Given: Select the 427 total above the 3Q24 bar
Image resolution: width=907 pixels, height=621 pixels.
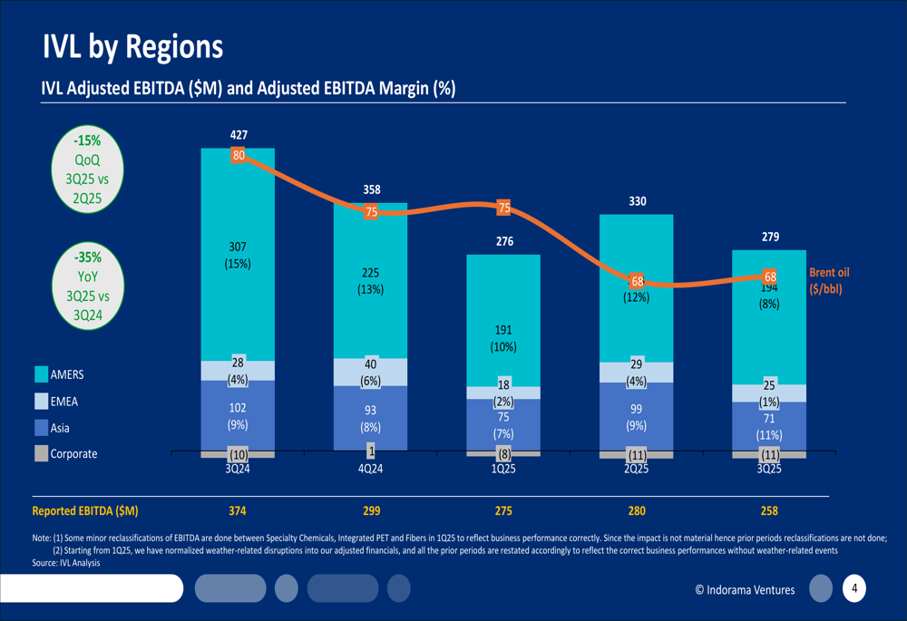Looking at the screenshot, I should pyautogui.click(x=239, y=135).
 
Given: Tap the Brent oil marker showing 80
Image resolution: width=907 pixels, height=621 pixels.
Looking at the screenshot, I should pyautogui.click(x=239, y=155).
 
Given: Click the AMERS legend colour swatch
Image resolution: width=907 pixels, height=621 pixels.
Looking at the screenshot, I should pyautogui.click(x=41, y=374).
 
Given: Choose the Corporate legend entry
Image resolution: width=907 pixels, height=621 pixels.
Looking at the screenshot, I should pyautogui.click(x=73, y=453).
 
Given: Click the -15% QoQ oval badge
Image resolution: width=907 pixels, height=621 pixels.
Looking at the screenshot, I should pyautogui.click(x=88, y=168).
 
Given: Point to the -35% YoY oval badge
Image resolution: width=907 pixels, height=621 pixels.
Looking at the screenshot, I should pyautogui.click(x=88, y=284).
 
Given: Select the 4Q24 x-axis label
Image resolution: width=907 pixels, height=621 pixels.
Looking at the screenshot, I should pyautogui.click(x=370, y=470).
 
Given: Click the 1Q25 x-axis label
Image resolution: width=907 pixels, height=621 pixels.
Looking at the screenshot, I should pyautogui.click(x=503, y=470).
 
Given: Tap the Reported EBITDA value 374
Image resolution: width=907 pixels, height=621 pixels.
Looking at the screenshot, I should pyautogui.click(x=238, y=511).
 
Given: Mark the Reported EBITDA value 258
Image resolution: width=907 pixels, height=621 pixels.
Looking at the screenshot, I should pyautogui.click(x=768, y=511).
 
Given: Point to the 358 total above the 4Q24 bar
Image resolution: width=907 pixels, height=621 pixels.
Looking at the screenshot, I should pyautogui.click(x=371, y=190).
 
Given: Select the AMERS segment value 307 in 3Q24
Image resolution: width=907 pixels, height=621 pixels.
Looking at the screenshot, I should pyautogui.click(x=238, y=247).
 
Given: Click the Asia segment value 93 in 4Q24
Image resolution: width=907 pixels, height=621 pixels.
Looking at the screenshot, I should pyautogui.click(x=370, y=411).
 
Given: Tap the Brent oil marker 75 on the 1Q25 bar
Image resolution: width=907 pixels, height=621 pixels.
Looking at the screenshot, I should pyautogui.click(x=503, y=208).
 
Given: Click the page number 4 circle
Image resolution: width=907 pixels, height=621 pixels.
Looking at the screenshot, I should pyautogui.click(x=853, y=588).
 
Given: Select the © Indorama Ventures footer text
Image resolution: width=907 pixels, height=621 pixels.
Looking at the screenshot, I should pyautogui.click(x=745, y=590).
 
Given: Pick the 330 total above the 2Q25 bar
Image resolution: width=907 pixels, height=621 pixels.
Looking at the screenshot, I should pyautogui.click(x=637, y=201).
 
